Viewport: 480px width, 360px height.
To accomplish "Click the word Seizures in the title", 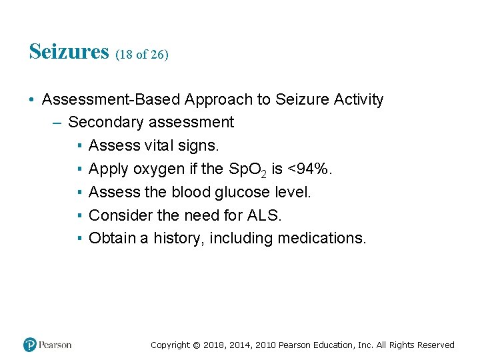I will click(69, 51).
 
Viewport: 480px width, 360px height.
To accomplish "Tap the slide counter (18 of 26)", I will click(142, 55).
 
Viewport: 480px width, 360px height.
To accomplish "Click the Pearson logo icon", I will click(30, 345).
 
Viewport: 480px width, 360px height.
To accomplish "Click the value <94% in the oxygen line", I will click(310, 169).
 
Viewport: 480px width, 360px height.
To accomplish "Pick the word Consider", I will click(117, 215).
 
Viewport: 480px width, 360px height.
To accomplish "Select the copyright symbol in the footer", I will click(196, 345).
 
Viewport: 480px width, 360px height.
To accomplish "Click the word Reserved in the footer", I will click(435, 345).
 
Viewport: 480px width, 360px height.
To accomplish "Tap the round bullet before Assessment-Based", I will click(31, 100).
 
